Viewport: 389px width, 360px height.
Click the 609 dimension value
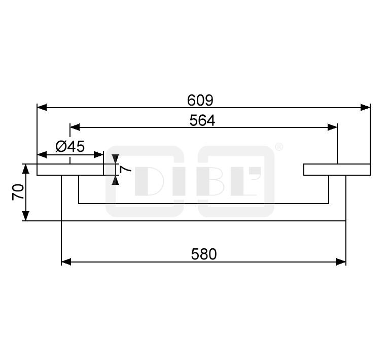click(200, 101)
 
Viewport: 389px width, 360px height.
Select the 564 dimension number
click(202, 121)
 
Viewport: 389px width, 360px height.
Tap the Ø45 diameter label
click(70, 146)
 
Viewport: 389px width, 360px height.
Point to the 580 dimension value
click(204, 254)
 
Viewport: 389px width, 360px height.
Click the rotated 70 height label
click(18, 192)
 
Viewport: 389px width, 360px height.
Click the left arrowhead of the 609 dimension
click(42, 108)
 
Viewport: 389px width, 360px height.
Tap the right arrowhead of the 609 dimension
click(365, 108)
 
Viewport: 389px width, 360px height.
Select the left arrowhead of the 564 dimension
click(75, 127)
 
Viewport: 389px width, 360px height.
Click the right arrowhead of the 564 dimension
click(332, 127)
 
